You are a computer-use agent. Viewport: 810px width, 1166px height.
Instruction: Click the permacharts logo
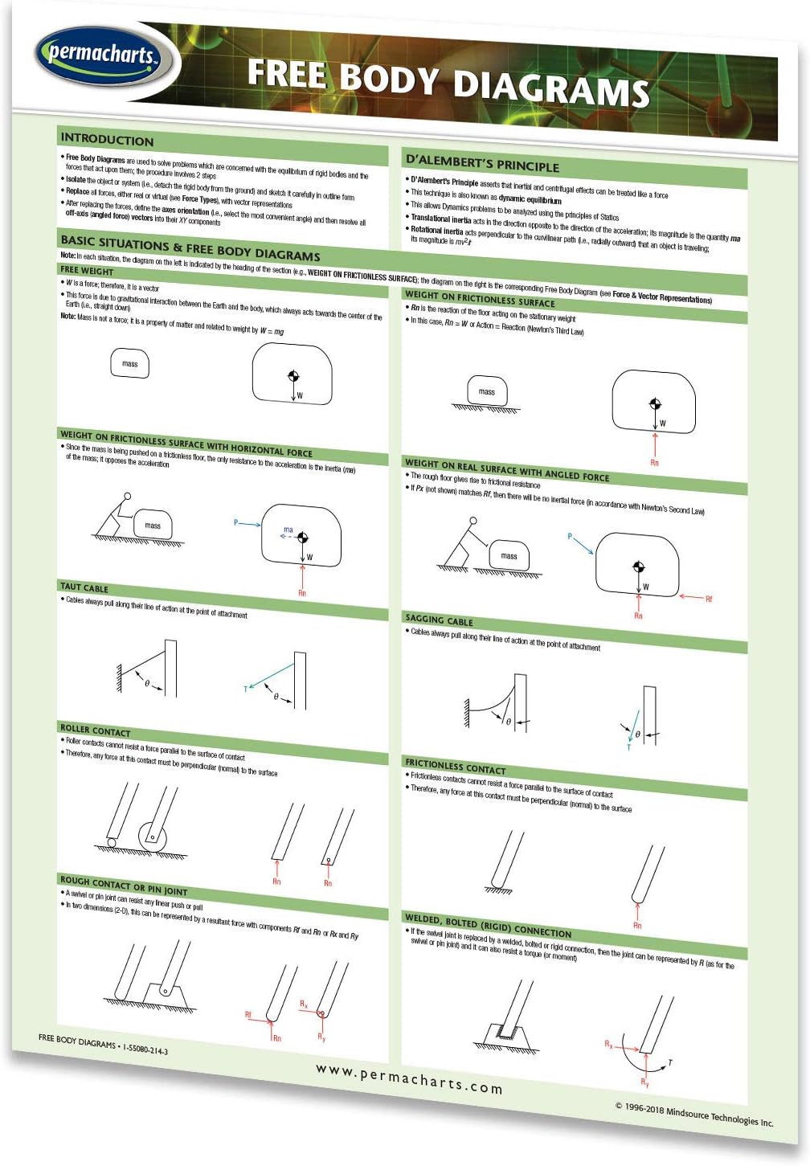100,55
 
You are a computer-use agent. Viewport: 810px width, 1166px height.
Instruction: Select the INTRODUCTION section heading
107,139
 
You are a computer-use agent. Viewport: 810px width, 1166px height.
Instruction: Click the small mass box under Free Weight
129,364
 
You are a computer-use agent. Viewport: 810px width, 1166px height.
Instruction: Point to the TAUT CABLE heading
84,587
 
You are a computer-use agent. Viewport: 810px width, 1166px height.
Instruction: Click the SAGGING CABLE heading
439,620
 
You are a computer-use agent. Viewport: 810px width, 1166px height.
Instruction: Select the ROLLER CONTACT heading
95,730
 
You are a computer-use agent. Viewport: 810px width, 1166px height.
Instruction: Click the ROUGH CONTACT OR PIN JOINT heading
124,886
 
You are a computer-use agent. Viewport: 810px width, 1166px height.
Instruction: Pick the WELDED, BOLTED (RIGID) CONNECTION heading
488,926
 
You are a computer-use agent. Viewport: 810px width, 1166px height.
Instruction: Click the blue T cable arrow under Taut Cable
269,676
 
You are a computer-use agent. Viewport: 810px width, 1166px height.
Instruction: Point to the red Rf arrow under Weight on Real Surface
692,597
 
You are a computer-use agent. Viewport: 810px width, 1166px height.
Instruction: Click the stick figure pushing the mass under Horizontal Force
115,519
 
